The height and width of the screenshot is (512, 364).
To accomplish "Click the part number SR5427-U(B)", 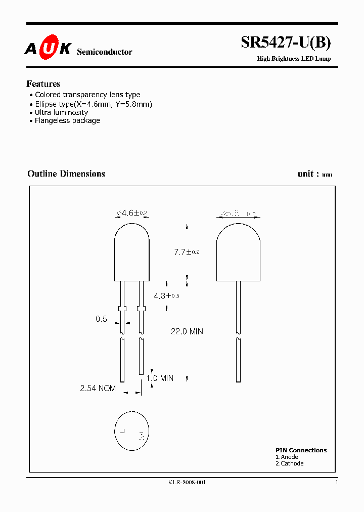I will (286, 43).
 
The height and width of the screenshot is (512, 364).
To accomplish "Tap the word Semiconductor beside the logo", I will (105, 52).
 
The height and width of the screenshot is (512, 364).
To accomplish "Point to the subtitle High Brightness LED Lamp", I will (294, 59).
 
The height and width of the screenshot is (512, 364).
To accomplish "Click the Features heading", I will (43, 84).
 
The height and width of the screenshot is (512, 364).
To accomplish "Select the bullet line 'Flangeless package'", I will (67, 120).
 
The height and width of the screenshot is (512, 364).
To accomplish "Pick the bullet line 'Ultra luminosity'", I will (61, 112).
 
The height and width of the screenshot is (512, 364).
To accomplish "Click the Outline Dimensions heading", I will (66, 174).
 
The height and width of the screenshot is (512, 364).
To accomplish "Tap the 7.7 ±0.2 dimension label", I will (187, 252).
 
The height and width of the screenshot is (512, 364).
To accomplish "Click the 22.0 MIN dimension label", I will (187, 331).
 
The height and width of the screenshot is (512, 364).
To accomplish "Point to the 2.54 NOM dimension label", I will (98, 388).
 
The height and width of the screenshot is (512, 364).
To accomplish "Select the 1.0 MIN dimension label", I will (160, 378).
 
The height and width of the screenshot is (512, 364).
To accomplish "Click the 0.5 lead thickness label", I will (101, 319).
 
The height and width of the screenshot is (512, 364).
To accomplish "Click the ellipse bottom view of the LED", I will (132, 431).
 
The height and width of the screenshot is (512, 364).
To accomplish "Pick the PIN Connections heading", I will (301, 450).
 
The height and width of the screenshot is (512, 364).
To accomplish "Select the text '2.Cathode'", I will (290, 463).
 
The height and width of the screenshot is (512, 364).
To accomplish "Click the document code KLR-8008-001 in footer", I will (187, 482).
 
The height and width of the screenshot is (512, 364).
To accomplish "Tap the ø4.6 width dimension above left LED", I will (132, 214).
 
